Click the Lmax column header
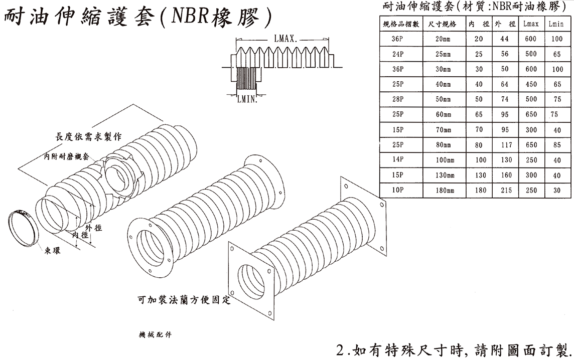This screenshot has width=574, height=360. (x=531, y=24)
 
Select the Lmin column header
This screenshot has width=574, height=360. (x=556, y=24)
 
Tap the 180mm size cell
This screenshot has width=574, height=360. (x=444, y=191)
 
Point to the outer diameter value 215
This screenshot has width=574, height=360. (x=504, y=191)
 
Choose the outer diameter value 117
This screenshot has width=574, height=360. (x=504, y=145)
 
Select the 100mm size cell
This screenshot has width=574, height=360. (x=444, y=160)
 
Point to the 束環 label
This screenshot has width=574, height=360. (x=51, y=250)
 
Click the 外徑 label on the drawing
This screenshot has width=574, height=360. (x=94, y=228)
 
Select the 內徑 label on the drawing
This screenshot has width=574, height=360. (x=81, y=235)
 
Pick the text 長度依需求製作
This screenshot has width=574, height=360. (x=88, y=136)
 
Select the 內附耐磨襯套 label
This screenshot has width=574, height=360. (x=65, y=156)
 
